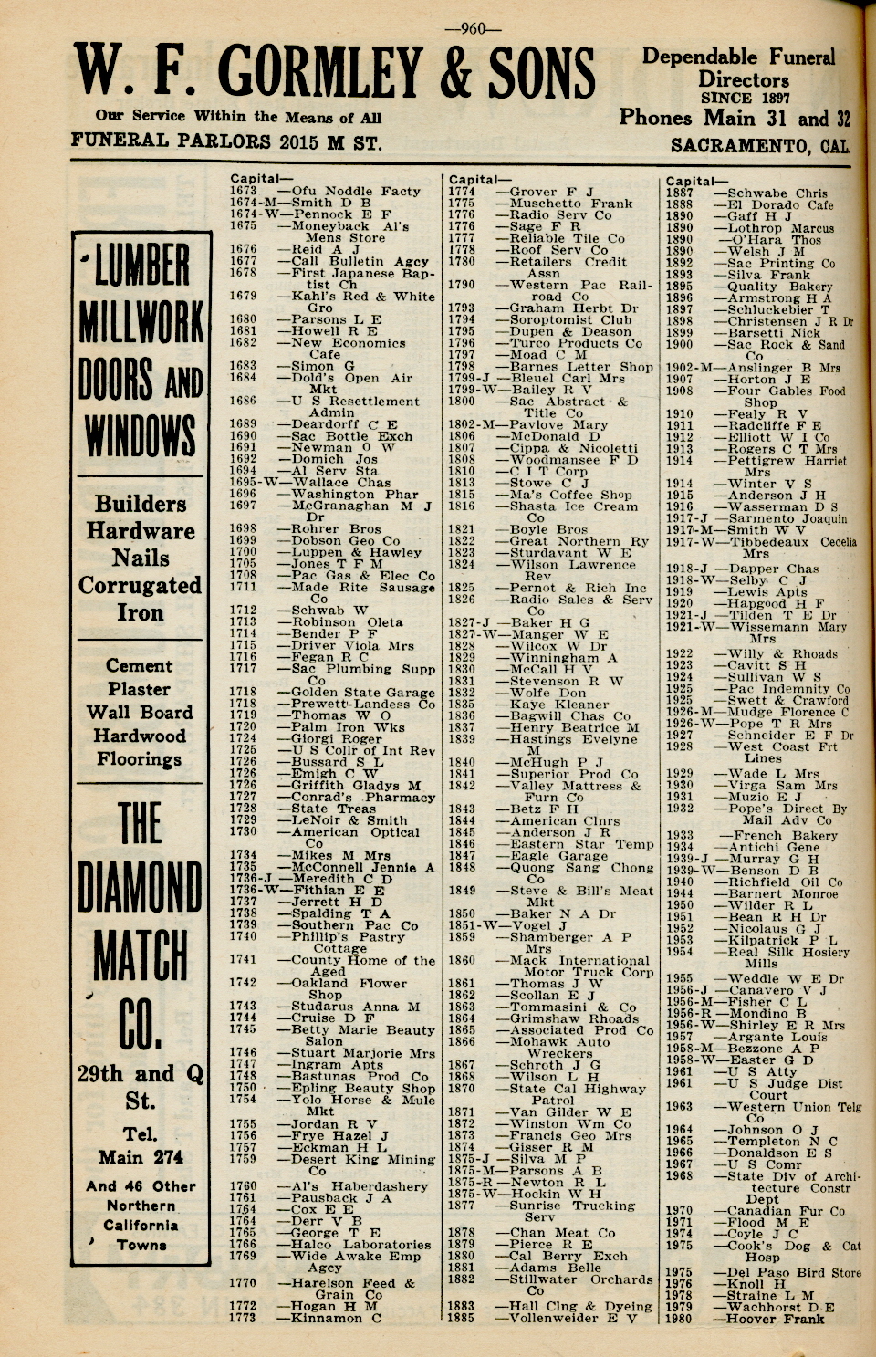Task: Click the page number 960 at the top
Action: [x=473, y=28]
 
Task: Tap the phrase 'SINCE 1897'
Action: [x=745, y=98]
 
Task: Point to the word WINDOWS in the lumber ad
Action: [x=141, y=435]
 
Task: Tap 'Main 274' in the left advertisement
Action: [x=141, y=1157]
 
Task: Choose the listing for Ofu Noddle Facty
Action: [x=356, y=192]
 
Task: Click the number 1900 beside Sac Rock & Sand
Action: [x=679, y=345]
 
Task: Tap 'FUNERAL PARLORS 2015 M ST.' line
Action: [x=226, y=142]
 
